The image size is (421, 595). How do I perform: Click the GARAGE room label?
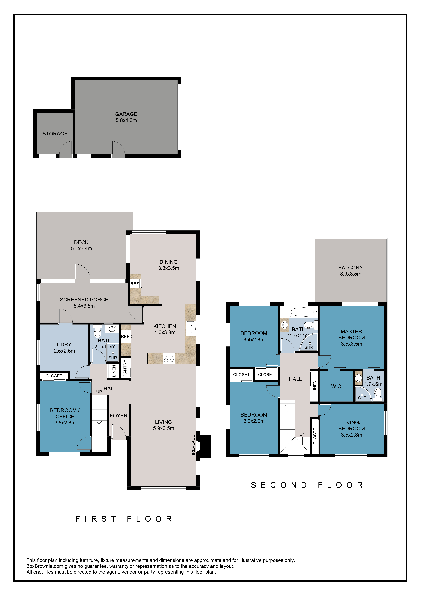tap(126, 114)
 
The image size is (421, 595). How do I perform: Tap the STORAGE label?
tap(55, 134)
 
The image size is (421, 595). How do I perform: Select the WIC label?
tap(336, 386)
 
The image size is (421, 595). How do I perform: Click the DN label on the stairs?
tap(302, 434)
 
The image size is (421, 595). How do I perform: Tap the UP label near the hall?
tap(99, 392)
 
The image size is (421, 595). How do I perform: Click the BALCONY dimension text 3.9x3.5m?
tap(351, 274)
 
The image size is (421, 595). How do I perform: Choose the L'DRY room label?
tap(64, 344)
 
